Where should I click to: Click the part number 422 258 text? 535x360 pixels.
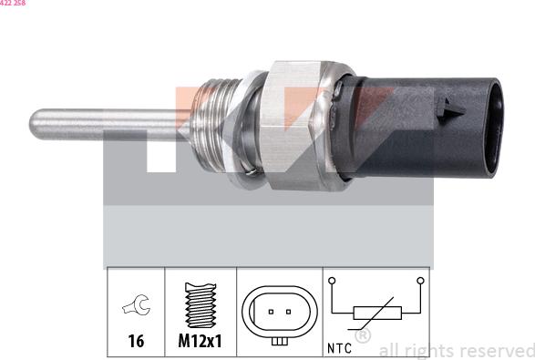[13, 4]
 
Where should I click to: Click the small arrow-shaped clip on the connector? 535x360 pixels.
[449, 111]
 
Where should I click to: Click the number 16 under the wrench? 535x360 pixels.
[136, 342]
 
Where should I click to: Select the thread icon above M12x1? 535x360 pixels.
[200, 303]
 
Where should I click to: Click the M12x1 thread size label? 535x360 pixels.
[201, 342]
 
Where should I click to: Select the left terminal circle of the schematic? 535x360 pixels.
[334, 281]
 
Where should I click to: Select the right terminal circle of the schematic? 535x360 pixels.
[419, 281]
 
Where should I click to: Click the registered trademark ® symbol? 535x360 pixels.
[362, 336]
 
